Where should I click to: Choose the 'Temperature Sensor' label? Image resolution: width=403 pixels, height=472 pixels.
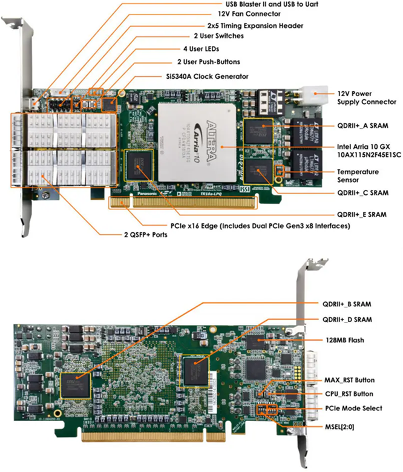coord(358,176)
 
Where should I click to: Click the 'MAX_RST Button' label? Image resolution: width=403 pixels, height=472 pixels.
coord(349,380)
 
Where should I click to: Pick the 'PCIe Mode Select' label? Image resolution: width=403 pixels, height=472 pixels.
coord(353,408)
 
